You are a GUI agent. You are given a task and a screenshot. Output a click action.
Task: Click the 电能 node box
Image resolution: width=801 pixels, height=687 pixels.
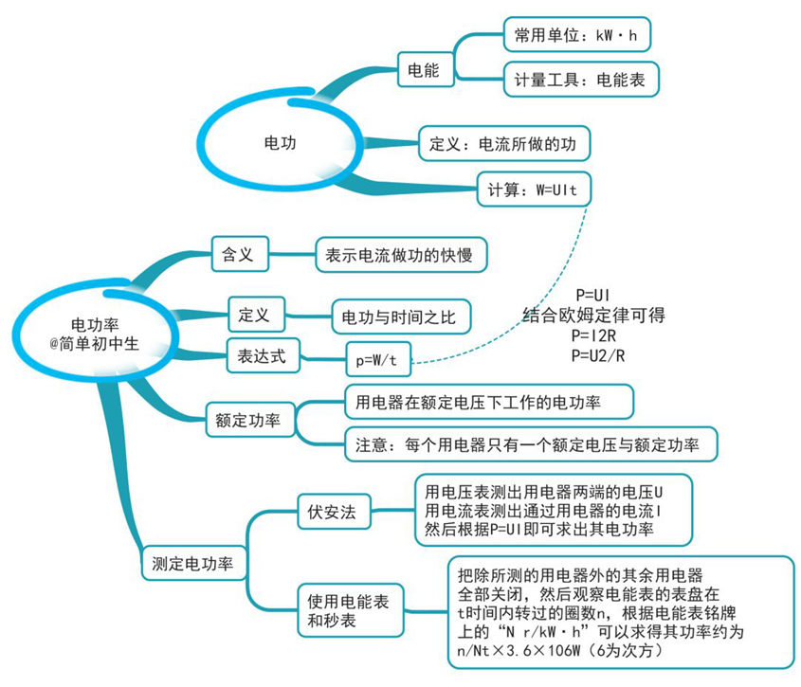426,69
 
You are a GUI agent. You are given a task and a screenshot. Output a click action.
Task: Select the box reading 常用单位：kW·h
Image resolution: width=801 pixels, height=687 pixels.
576,35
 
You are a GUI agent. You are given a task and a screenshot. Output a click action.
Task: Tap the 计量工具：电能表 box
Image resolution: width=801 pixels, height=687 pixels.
581,80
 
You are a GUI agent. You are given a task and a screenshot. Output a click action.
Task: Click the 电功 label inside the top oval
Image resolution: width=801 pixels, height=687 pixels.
280,143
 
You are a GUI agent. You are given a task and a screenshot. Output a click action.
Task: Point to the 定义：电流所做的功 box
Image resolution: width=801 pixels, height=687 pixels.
504,143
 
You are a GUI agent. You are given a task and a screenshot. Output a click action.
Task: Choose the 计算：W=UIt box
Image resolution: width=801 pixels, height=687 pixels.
534,190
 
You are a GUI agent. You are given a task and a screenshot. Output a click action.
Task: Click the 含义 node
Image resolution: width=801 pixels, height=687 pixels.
240,254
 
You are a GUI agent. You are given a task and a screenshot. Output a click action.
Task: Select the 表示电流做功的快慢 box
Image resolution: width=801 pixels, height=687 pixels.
401,254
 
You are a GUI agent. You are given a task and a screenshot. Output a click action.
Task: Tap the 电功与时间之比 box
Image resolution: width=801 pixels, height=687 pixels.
401,317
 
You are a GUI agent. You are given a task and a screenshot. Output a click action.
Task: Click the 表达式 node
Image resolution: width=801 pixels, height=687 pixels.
264,355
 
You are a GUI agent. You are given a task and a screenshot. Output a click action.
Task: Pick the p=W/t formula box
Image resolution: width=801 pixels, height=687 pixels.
378,359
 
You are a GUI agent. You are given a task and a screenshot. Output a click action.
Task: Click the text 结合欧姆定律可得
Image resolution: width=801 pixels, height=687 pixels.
594,316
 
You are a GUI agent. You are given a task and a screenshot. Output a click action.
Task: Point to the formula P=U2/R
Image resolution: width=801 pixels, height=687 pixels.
598,355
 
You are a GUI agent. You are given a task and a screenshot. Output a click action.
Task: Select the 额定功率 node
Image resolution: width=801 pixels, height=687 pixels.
250,420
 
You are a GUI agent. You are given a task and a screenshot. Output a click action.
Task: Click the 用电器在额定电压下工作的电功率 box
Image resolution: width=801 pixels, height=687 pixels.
489,402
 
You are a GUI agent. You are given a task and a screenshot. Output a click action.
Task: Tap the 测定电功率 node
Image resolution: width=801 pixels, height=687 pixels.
194,563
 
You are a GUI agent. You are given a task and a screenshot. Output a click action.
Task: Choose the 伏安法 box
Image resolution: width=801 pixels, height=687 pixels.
334,512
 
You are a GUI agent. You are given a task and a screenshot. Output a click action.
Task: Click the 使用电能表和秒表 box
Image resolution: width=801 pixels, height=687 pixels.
351,610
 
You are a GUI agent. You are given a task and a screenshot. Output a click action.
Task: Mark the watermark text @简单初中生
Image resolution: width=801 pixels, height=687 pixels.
95,344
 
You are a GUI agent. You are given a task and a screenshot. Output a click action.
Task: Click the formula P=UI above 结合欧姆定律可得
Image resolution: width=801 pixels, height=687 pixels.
592,296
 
